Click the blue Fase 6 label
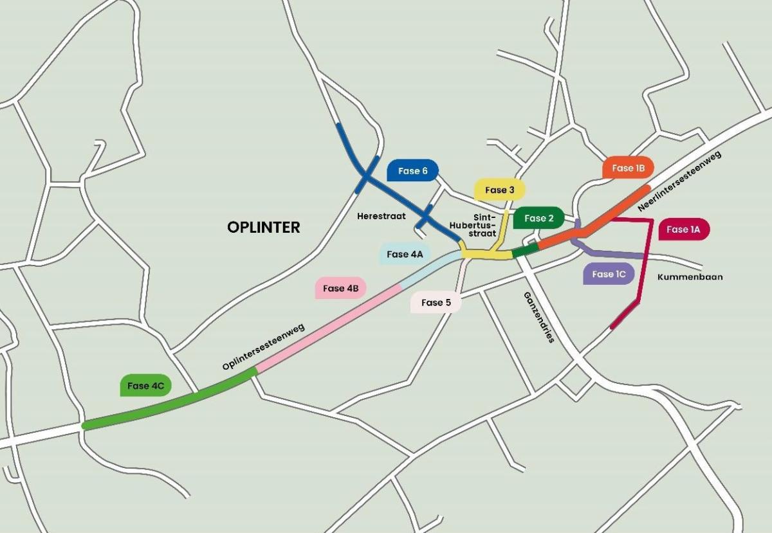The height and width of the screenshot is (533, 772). [x=412, y=170]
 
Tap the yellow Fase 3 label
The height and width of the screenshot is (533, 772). [x=499, y=190]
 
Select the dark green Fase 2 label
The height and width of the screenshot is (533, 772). [x=538, y=218]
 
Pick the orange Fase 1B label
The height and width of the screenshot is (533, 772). [x=628, y=168]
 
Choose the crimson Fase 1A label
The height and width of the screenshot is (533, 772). [x=684, y=229]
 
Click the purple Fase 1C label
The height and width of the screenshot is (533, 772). [x=609, y=274]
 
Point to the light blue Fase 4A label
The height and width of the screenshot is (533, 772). [x=405, y=254]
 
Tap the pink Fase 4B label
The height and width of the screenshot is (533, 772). [x=340, y=288]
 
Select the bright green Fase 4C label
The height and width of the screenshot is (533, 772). [x=145, y=386]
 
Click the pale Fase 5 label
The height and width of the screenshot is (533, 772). [x=436, y=302]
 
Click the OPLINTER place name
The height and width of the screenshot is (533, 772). [x=264, y=228]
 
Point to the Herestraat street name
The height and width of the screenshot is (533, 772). [x=381, y=216]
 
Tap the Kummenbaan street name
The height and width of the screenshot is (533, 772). [x=690, y=276]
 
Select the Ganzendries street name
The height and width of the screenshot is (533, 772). [x=539, y=318]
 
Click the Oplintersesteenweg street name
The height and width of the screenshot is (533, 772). [x=264, y=347]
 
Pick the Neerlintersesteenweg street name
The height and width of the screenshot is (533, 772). [x=679, y=181]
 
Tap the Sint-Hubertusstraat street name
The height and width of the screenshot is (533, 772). [x=478, y=225]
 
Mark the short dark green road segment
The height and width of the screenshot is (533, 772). [x=525, y=250]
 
